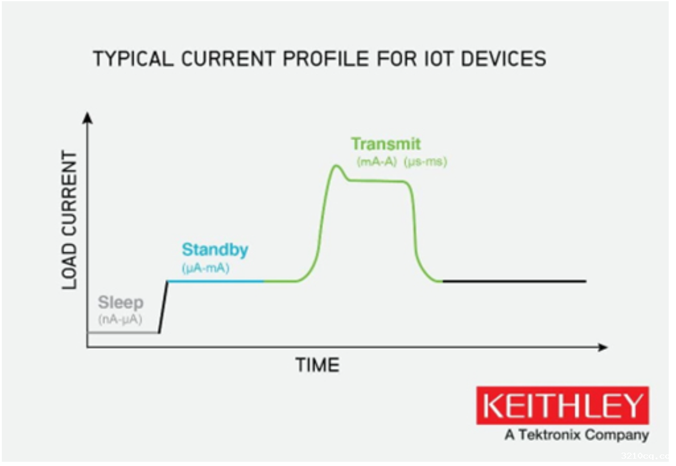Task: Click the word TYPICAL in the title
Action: tap(133, 59)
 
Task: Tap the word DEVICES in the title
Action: tap(504, 59)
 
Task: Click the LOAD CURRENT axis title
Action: tap(69, 220)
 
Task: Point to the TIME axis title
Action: tap(318, 365)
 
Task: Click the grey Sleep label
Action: tap(121, 302)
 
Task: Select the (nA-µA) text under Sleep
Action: tap(120, 320)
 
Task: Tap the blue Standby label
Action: tap(215, 250)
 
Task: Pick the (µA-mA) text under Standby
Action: tap(206, 268)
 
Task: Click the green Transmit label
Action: tap(386, 143)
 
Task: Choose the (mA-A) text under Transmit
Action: tap(377, 162)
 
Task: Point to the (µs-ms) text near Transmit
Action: tap(426, 162)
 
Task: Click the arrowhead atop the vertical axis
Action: tap(87, 117)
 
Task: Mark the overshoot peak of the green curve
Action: tap(336, 165)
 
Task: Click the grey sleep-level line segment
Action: tap(123, 332)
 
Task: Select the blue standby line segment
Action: tap(216, 281)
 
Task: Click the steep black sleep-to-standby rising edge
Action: tap(163, 307)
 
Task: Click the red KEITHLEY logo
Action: tap(562, 405)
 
